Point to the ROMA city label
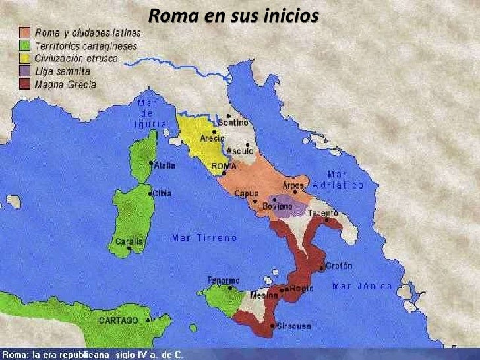(224, 167)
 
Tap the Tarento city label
(322, 213)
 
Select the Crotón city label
(339, 266)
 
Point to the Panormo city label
(224, 280)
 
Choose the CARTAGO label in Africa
(119, 320)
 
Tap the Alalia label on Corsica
(164, 165)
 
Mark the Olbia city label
(162, 193)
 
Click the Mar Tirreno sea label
(204, 238)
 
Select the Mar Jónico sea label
(362, 286)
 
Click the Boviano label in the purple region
(277, 206)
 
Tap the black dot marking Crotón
(321, 268)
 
